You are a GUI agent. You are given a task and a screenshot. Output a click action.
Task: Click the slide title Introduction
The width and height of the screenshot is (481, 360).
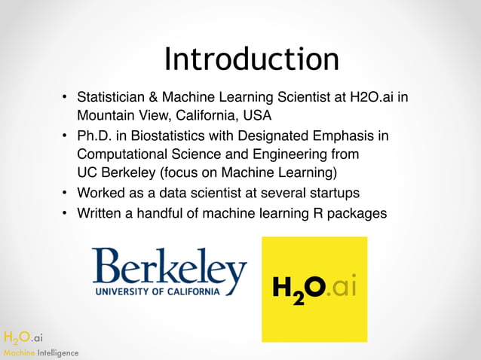coord(251,59)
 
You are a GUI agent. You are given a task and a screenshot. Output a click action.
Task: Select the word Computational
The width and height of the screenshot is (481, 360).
coord(124,154)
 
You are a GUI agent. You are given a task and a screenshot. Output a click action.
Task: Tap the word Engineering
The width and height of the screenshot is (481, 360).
coord(292,154)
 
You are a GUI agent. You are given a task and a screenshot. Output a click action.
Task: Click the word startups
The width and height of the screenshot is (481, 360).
coord(336,194)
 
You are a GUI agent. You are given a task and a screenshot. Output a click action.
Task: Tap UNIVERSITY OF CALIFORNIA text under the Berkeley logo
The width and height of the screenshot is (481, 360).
coord(158,291)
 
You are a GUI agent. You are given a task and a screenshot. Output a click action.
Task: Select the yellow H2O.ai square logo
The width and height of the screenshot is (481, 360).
coord(314,289)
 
